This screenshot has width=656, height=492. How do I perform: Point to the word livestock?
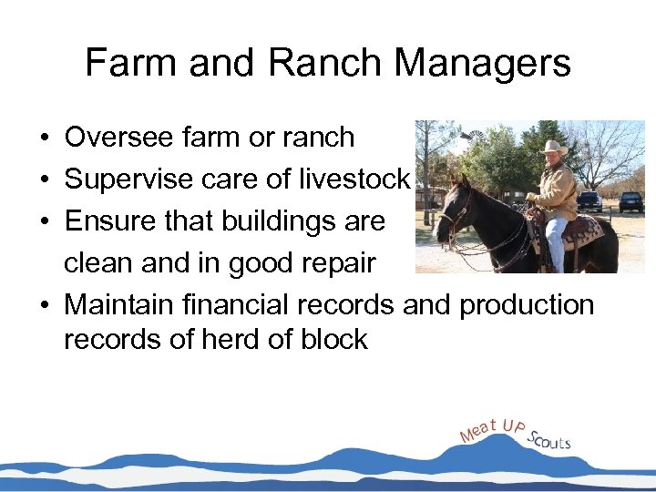[354, 179]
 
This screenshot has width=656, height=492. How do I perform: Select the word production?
[527, 304]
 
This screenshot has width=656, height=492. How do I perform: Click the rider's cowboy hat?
[552, 147]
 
